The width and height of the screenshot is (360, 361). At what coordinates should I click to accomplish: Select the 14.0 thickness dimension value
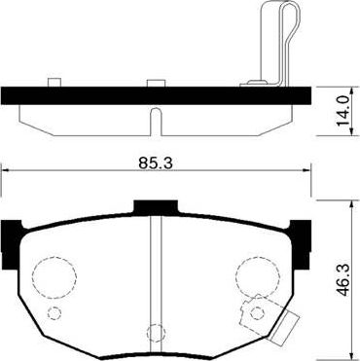tap(342, 105)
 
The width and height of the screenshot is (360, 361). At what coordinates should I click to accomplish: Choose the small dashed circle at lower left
tap(54, 312)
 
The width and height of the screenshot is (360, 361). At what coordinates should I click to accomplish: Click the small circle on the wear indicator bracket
tap(258, 311)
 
